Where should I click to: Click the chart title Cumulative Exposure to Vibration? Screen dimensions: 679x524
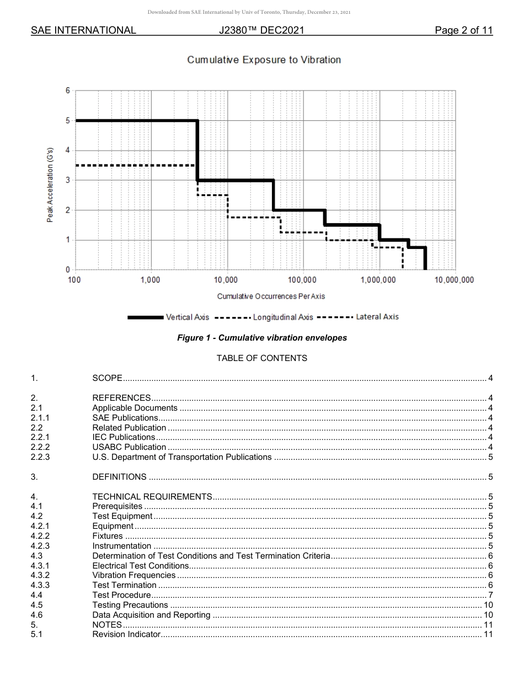pos(264,60)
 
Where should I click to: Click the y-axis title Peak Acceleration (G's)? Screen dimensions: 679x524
pos(50,185)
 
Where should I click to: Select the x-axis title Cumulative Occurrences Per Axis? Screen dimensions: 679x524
pos(271,296)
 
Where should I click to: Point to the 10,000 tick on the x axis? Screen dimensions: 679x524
pos(226,280)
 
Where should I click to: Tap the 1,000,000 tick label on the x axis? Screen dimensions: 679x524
pos(379,280)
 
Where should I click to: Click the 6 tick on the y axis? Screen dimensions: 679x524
pos(68,91)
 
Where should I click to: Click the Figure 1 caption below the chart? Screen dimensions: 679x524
pos(262,338)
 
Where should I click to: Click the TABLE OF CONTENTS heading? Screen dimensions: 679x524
pos(262,358)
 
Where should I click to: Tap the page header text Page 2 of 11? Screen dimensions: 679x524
pos(463,30)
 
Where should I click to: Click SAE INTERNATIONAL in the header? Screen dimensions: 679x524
pos(83,30)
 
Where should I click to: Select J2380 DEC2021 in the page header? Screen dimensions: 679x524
pos(261,30)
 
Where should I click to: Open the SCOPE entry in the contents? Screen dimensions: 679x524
pos(107,378)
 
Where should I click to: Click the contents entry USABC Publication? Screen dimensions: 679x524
pos(129,447)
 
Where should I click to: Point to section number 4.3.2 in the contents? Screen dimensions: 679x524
pos(40,575)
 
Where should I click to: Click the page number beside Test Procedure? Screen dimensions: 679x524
pos(490,595)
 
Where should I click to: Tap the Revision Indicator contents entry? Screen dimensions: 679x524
pos(126,635)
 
